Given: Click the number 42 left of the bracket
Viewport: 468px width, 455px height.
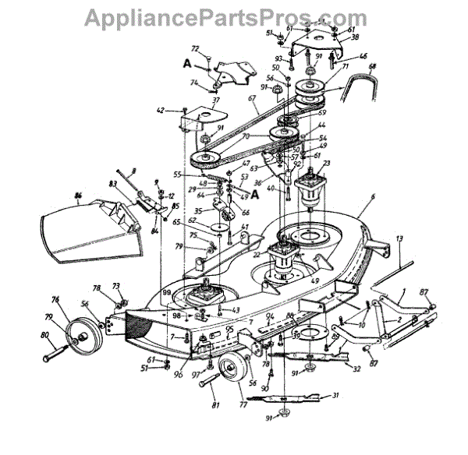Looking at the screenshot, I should coord(161,111).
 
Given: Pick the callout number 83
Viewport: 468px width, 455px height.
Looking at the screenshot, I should coord(113,184).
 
